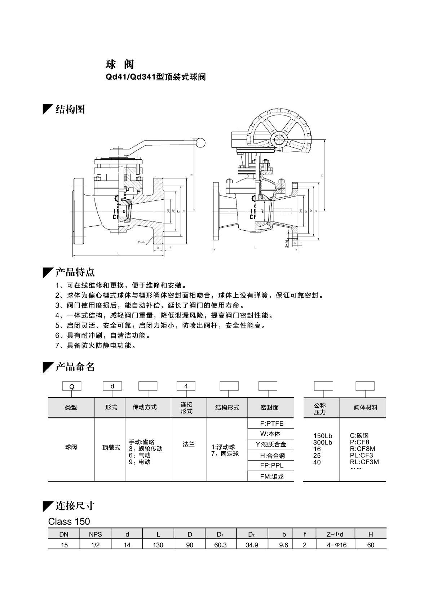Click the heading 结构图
(x=70, y=109)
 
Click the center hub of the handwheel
(x=278, y=139)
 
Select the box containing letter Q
(x=72, y=386)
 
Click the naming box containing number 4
(x=186, y=386)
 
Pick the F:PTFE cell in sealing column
(x=272, y=424)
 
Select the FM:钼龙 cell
(x=272, y=477)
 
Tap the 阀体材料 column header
(x=366, y=408)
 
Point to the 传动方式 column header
(x=145, y=407)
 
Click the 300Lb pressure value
(x=323, y=442)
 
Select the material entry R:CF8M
(x=362, y=449)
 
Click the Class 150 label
(x=69, y=522)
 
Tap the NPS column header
(x=96, y=534)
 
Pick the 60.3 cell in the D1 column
(x=220, y=545)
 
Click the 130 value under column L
(x=158, y=545)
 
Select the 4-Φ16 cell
(x=337, y=545)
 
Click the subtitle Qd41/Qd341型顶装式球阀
(x=156, y=77)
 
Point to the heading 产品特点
(x=75, y=272)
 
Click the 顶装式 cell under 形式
(x=111, y=447)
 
